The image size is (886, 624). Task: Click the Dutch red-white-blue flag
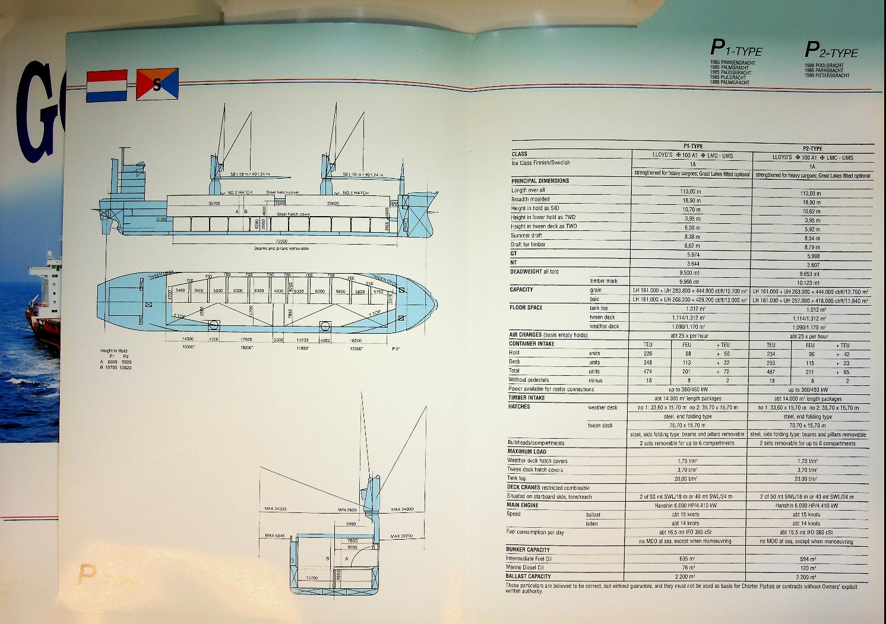[x=107, y=86]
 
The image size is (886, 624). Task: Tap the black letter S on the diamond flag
[x=157, y=85]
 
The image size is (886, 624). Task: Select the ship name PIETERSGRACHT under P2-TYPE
[x=830, y=75]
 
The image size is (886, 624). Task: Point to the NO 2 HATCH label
[x=240, y=192]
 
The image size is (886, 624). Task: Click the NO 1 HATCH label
[x=356, y=192]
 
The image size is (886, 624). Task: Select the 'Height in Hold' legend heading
[x=114, y=351]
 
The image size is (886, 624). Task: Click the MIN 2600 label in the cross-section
[x=347, y=509]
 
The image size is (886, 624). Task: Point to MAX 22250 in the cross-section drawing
[x=402, y=536]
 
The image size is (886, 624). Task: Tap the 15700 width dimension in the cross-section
[x=312, y=577]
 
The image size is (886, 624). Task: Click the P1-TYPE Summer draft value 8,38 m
[x=692, y=236]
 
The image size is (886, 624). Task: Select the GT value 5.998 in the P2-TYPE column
[x=813, y=256]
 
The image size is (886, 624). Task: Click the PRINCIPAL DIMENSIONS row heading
[x=540, y=180]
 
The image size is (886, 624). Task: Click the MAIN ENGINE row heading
[x=522, y=505]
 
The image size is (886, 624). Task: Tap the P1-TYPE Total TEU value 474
[x=648, y=371]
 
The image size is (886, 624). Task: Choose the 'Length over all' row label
[x=528, y=190]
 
